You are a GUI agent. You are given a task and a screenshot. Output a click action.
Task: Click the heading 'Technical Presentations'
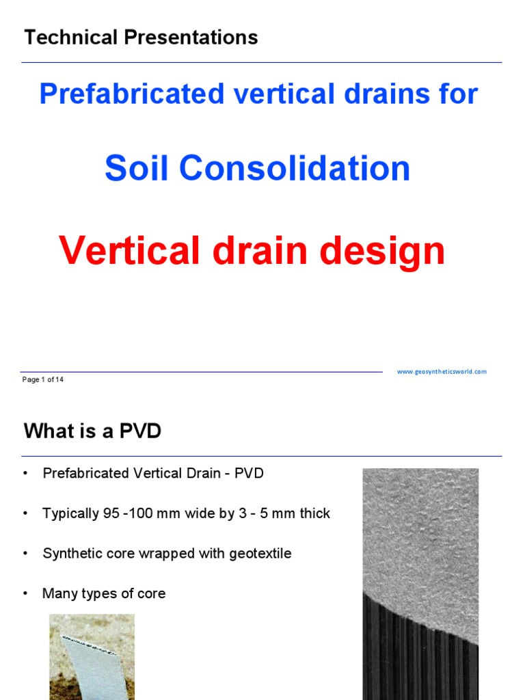coord(141,38)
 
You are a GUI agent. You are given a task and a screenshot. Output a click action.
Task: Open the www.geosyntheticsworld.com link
coord(442,371)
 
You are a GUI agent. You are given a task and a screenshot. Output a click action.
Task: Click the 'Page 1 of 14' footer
coord(43,379)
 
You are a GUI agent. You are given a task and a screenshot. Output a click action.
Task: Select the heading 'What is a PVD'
coord(92,431)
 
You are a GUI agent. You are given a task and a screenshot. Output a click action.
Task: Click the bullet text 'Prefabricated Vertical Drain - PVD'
coord(153,474)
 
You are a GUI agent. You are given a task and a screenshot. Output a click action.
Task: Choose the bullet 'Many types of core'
coord(104,593)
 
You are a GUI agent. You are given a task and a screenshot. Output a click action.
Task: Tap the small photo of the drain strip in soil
coord(92,656)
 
